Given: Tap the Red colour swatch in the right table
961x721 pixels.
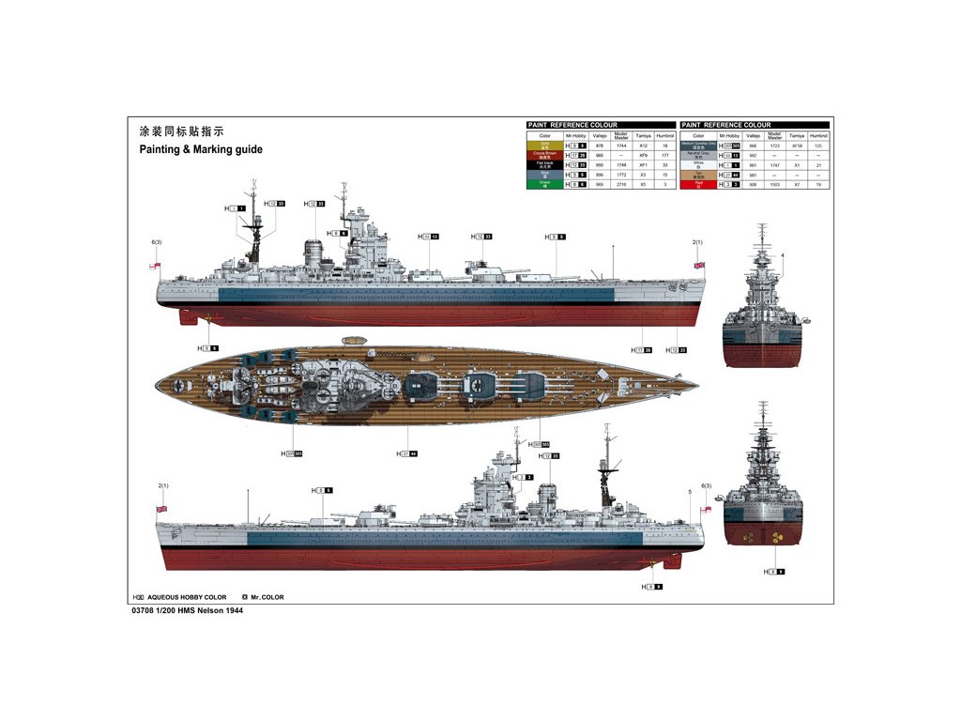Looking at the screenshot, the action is [698, 184].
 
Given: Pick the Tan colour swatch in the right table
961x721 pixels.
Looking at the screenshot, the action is [698, 175].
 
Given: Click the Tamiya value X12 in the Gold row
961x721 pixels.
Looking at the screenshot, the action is [644, 146].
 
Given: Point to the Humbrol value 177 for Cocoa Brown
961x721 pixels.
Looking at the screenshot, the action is [665, 156].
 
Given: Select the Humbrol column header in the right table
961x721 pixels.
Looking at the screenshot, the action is [818, 136].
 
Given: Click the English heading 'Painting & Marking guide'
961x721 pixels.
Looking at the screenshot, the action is [201, 149].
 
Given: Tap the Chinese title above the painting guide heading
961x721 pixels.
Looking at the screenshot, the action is [182, 131].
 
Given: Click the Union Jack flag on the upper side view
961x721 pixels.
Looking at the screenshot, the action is [698, 266].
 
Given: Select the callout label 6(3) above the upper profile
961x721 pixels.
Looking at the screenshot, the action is [157, 242].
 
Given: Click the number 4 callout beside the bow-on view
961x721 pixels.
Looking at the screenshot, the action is [782, 255].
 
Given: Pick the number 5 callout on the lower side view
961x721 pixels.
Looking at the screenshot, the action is [690, 492].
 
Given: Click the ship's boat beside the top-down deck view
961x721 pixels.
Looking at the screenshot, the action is [354, 341].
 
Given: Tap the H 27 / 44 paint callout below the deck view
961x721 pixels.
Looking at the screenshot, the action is [409, 454].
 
